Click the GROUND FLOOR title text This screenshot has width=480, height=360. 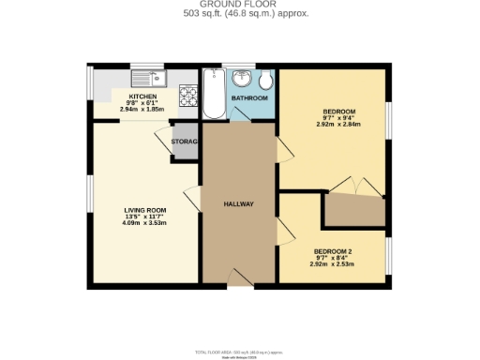[239, 6]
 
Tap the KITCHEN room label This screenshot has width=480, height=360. [142, 97]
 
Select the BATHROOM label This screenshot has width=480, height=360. [250, 98]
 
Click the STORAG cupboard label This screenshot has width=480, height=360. [184, 142]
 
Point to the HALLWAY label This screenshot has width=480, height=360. [239, 204]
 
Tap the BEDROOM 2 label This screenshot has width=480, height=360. [333, 252]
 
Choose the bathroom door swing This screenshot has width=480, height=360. [241, 114]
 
